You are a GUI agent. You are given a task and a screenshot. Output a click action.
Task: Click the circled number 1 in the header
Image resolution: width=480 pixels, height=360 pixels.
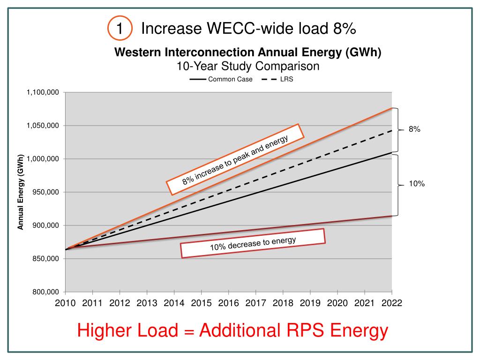tap(119, 29)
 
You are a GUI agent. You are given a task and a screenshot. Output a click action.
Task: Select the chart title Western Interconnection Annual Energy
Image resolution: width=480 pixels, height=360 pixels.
tap(248, 52)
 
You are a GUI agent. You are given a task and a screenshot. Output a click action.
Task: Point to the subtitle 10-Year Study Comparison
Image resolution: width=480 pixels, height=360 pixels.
tap(248, 66)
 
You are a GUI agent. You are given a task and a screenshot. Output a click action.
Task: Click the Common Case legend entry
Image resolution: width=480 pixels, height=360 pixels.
tap(221, 79)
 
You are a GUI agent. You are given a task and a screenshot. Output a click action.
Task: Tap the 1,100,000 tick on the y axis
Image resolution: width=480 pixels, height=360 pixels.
tap(43, 92)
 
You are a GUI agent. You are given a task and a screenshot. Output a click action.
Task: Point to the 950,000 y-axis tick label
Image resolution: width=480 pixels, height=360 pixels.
tap(45, 192)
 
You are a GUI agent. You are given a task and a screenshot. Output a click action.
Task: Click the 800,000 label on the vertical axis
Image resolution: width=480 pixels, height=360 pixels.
tap(45, 292)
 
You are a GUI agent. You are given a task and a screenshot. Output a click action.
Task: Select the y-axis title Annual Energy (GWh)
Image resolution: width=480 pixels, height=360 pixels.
tap(21, 192)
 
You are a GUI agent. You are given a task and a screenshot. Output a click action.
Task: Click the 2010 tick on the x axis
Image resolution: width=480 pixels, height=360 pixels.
tap(66, 303)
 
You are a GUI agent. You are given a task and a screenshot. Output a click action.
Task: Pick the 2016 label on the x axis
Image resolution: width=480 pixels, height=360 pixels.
tap(228, 303)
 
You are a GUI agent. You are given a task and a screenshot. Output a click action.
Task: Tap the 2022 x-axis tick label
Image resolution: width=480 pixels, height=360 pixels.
tap(391, 303)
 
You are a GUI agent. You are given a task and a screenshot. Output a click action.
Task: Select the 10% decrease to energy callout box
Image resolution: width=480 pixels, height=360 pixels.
tap(253, 243)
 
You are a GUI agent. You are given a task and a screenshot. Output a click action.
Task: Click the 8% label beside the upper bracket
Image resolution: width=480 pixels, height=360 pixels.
tap(414, 129)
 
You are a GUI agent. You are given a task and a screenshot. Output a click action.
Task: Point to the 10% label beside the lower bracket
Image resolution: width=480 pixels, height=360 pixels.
tap(417, 184)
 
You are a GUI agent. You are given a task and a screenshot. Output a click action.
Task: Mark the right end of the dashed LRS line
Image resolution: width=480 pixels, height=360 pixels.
tap(391, 131)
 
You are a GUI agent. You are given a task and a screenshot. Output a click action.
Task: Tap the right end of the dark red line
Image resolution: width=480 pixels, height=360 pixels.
tap(391, 216)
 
